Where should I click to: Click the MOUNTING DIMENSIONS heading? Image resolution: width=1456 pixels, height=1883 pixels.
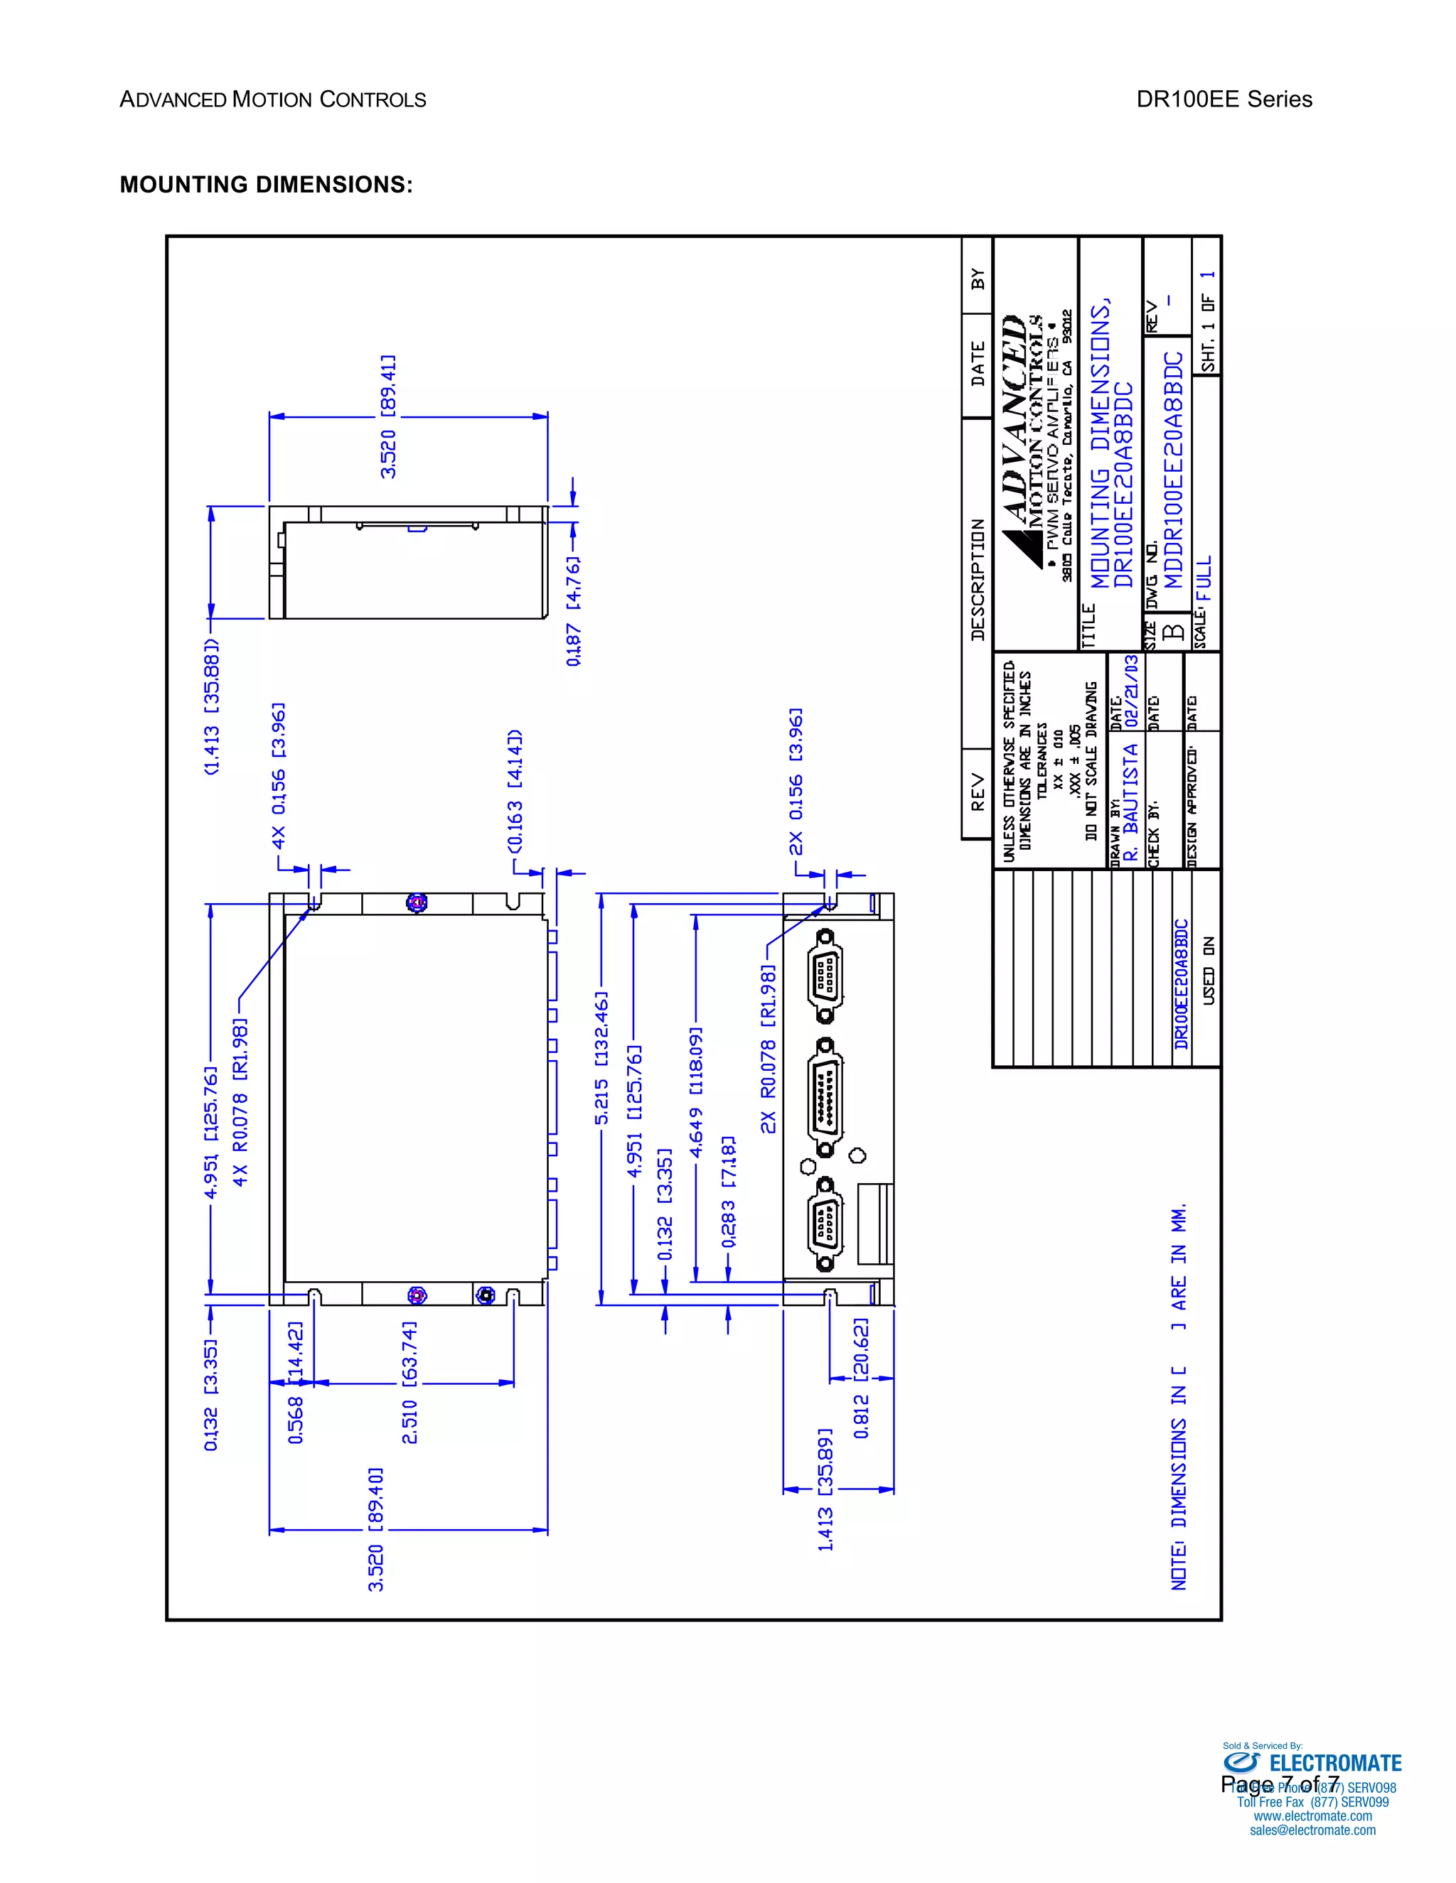click(266, 185)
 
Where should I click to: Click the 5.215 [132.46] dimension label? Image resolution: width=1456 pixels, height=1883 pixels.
click(601, 1058)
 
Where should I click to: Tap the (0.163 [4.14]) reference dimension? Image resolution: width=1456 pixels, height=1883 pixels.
click(515, 791)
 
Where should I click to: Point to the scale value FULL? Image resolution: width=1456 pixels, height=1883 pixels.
click(1204, 578)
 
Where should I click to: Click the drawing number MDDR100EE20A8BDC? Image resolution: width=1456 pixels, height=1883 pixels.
click(1174, 470)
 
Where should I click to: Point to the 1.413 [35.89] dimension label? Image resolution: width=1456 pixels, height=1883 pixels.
click(825, 1489)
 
